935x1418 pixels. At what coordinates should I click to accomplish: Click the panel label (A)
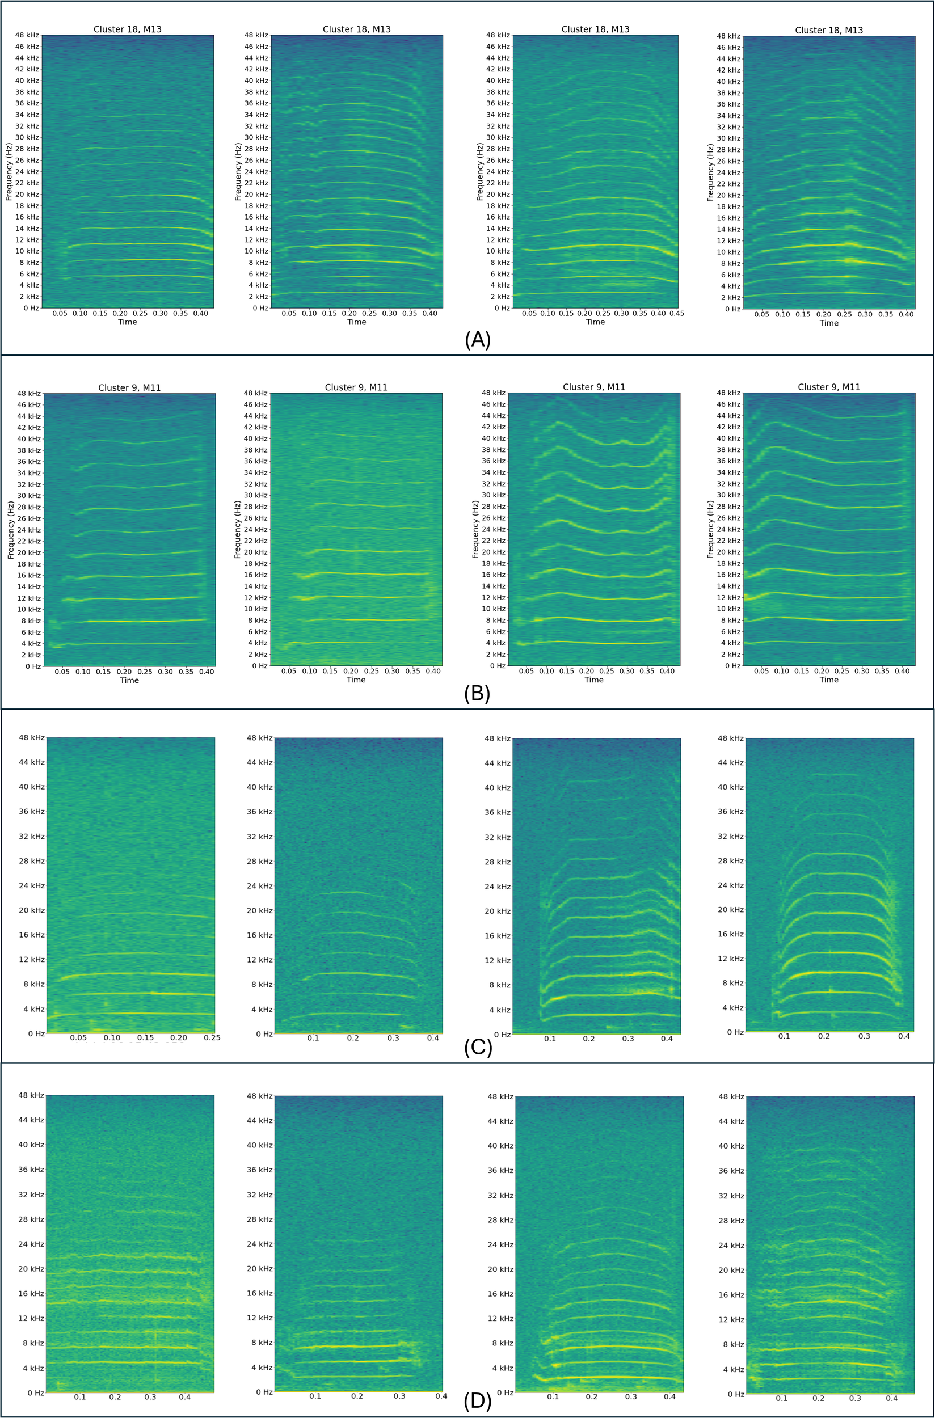click(x=477, y=339)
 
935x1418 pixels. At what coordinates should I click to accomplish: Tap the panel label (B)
click(x=477, y=694)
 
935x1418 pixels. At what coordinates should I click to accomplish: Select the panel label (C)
click(x=478, y=1047)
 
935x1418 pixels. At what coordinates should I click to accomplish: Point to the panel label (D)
click(x=477, y=1401)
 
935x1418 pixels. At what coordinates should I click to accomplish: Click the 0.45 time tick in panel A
click(x=676, y=314)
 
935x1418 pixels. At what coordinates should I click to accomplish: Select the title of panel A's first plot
click(x=127, y=29)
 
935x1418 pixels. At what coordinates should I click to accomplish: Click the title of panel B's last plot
click(x=829, y=387)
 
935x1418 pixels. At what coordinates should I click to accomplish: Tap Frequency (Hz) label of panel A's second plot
click(x=238, y=172)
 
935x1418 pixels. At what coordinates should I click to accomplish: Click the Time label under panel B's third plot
click(x=594, y=680)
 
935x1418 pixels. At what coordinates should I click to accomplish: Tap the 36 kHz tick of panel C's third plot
click(x=498, y=812)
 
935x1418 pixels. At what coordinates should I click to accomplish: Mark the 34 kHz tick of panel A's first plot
click(x=27, y=115)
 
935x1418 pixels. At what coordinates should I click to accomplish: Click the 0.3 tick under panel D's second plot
click(x=399, y=1396)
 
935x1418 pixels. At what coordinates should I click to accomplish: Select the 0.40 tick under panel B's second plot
click(x=433, y=671)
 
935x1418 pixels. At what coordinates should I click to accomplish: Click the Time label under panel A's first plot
click(x=127, y=322)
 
